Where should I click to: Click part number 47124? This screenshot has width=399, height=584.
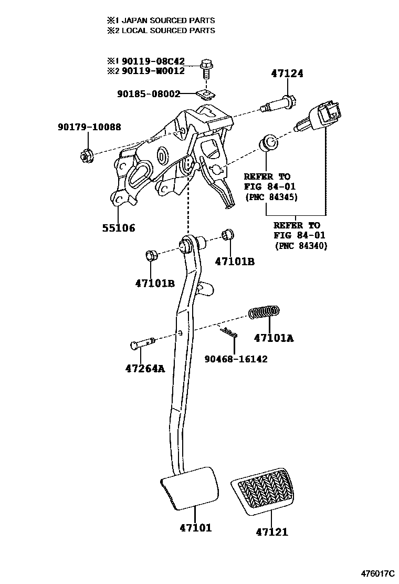(x=287, y=74)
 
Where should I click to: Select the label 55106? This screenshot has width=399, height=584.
(x=118, y=228)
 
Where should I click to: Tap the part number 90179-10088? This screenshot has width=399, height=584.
(x=89, y=127)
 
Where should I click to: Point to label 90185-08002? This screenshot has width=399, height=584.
(x=149, y=94)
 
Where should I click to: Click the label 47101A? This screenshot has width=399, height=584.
(x=274, y=338)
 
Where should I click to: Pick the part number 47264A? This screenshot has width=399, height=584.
(x=145, y=368)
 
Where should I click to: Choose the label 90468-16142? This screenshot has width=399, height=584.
(x=236, y=359)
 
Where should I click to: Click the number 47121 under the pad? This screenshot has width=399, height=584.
(x=272, y=532)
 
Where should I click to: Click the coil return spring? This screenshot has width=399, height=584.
(x=264, y=312)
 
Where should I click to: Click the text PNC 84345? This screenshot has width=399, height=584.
(x=271, y=197)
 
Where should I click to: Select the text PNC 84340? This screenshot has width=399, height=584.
(x=300, y=245)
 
